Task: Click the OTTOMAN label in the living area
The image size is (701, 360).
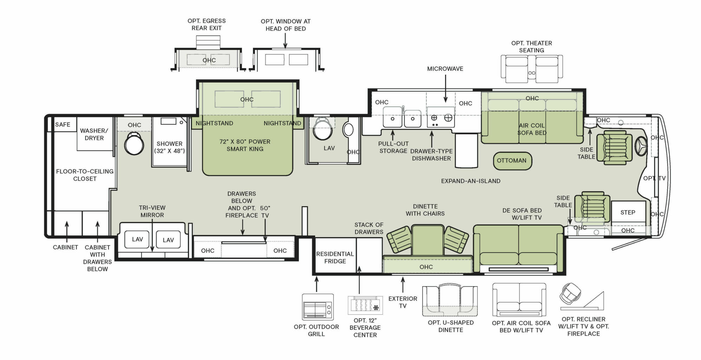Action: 511,161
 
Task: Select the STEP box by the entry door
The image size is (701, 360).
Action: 628,212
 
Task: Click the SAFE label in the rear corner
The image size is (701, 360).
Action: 63,124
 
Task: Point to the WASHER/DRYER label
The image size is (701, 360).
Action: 94,134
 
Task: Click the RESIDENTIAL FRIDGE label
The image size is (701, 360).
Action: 335,257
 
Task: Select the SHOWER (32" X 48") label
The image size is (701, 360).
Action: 169,147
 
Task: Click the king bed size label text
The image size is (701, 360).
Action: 245,145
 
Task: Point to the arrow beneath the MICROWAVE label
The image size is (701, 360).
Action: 445,89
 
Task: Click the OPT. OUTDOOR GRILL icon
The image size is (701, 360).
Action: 318,307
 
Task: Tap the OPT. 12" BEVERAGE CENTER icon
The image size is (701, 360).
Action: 365,305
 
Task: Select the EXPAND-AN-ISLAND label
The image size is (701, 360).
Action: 471,181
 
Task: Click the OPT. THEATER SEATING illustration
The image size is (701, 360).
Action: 532,69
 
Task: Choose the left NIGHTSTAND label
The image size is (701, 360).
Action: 214,123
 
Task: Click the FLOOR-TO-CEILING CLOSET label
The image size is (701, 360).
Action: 85,175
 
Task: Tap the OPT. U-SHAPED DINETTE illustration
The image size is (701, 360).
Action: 450,301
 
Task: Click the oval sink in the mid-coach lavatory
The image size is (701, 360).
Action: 348,130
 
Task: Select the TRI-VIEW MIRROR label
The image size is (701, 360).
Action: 152,211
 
